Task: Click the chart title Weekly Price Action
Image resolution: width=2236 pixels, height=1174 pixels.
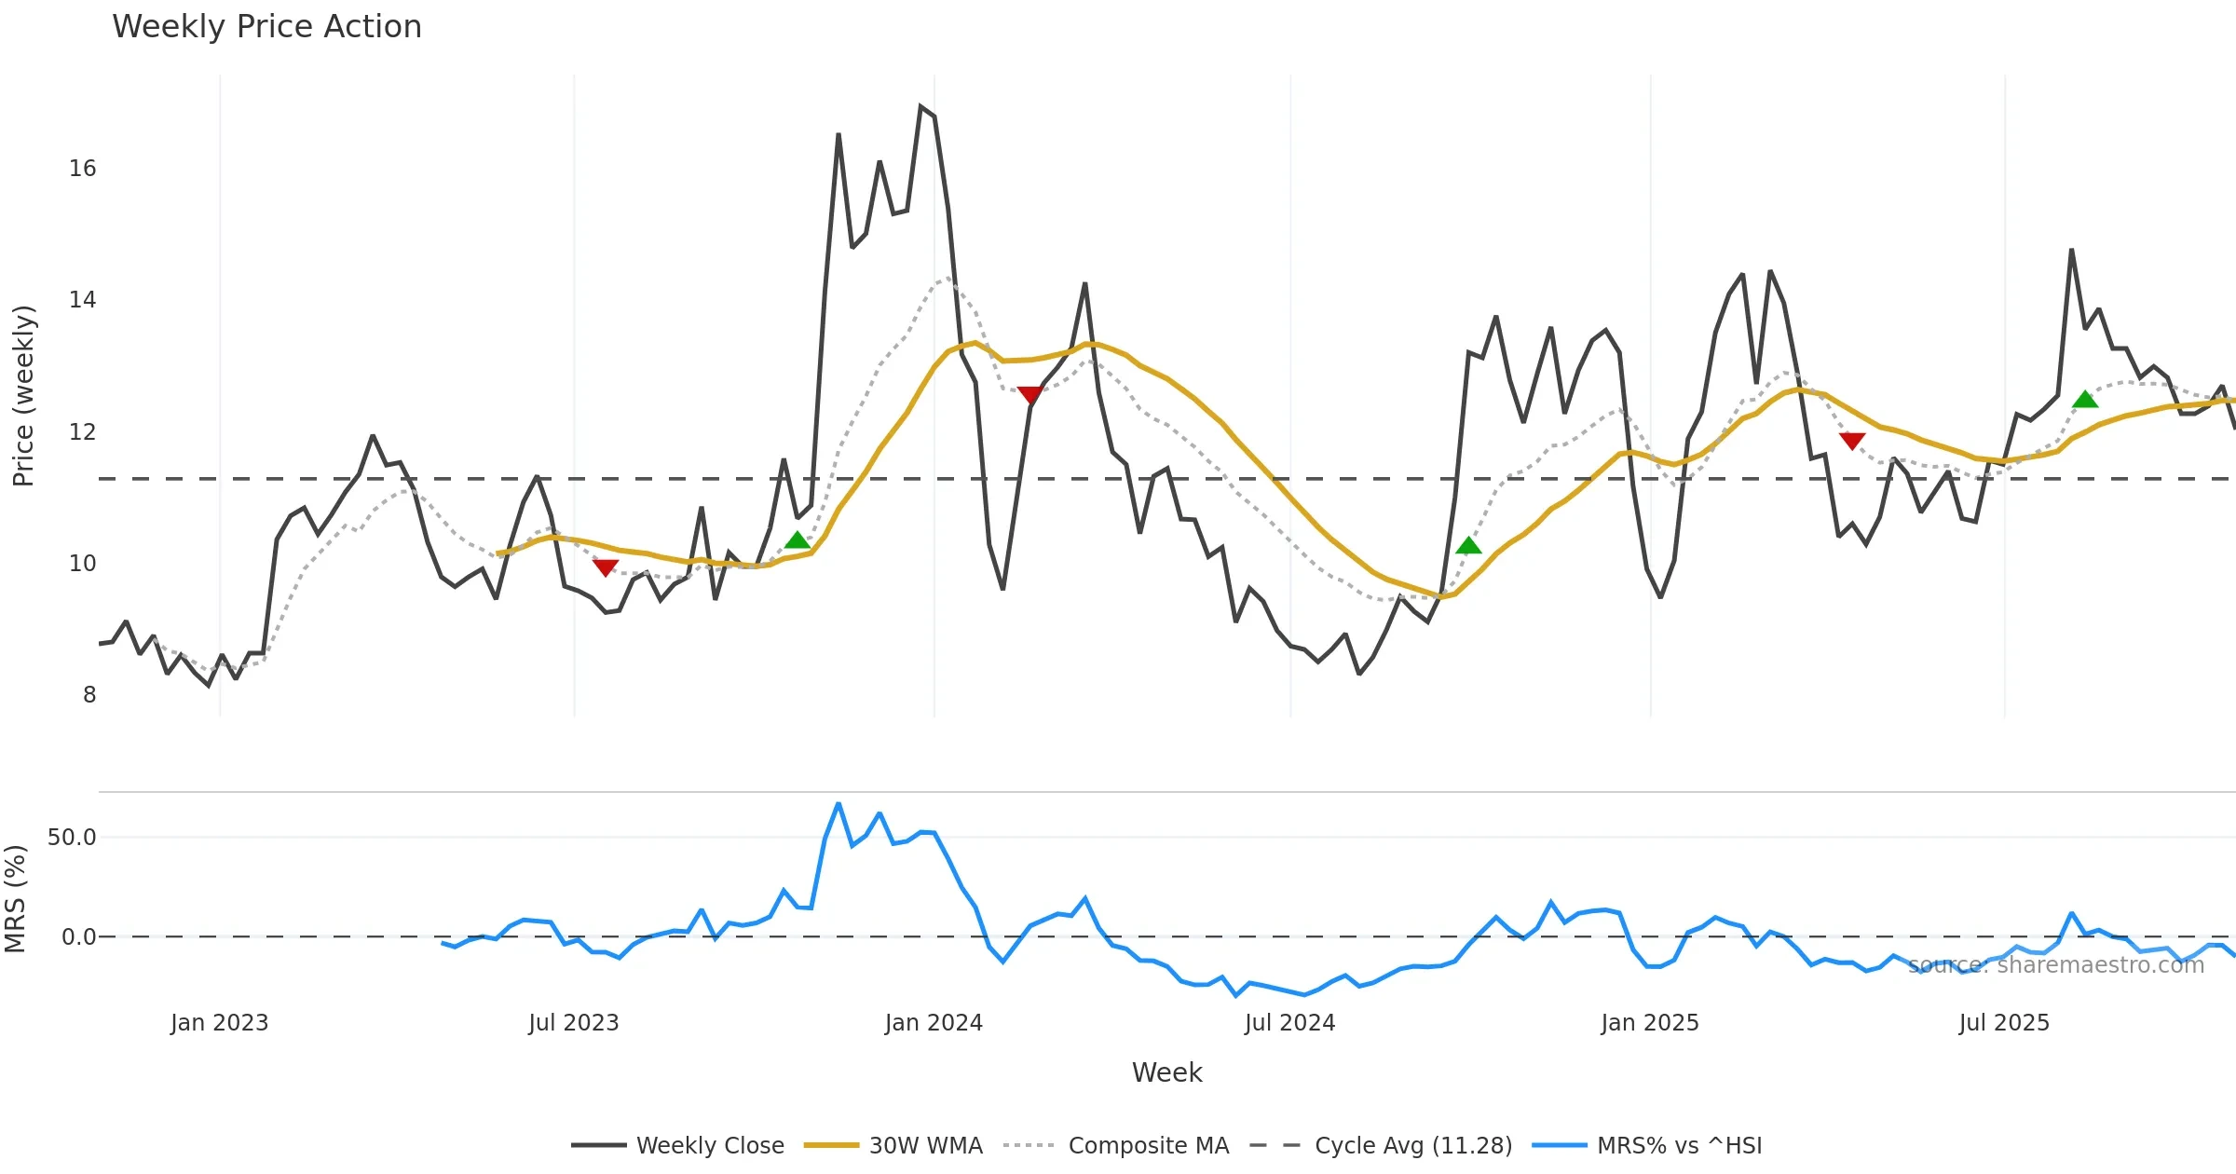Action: (266, 27)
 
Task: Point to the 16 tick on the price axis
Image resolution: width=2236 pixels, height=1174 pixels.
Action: (82, 169)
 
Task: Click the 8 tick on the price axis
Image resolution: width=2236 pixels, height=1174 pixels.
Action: (89, 695)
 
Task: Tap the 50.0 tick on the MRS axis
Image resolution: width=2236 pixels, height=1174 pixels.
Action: (72, 838)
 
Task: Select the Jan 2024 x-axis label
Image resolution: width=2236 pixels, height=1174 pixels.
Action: (934, 1023)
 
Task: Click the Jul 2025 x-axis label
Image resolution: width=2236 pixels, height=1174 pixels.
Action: (2004, 1023)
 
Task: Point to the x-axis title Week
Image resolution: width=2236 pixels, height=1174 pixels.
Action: (1166, 1073)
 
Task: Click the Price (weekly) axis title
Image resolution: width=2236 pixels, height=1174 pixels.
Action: (23, 396)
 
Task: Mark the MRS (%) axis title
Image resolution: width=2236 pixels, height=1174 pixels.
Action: (15, 899)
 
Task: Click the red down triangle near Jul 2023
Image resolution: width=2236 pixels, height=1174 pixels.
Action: (605, 567)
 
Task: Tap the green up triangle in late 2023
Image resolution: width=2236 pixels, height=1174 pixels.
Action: (798, 540)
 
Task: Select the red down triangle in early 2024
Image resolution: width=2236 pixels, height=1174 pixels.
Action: (1029, 395)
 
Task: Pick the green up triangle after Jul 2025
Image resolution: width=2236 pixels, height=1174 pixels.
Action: (2085, 400)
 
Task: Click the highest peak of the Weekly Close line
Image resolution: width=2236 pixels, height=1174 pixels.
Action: (920, 107)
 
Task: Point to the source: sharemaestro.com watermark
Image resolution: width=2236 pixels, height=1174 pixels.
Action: (2055, 965)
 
